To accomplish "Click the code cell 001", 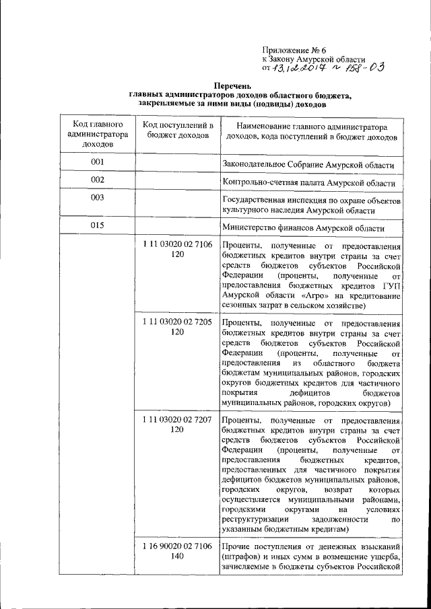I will point(98,163).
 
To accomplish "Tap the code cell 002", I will point(98,180).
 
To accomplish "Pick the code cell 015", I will point(98,225).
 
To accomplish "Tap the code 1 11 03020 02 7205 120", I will point(177,327).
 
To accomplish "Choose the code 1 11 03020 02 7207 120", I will point(177,424).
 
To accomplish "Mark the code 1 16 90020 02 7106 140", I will point(177,550).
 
